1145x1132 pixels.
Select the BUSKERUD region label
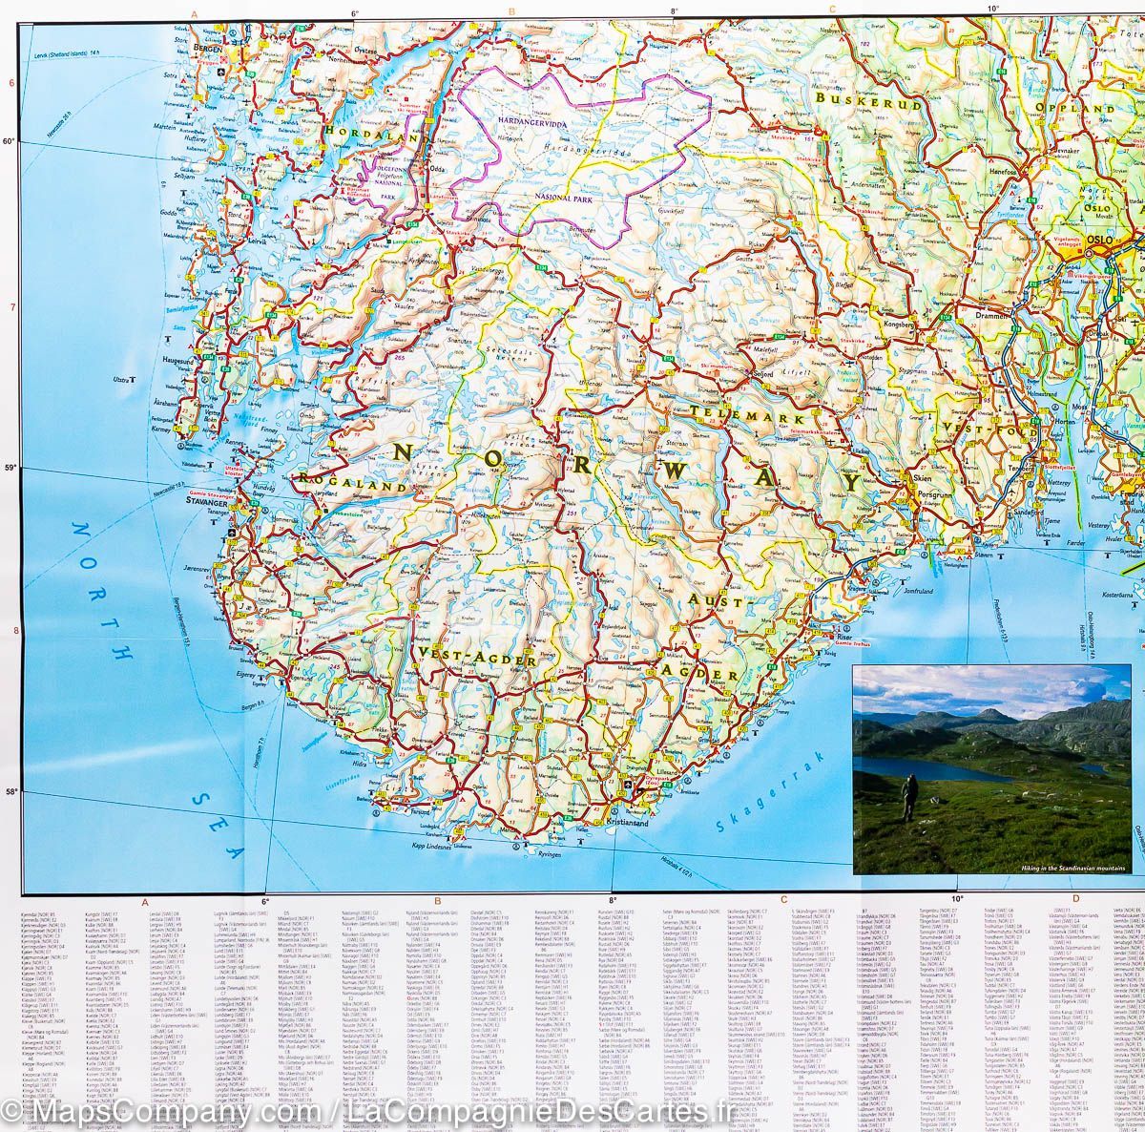coord(869,103)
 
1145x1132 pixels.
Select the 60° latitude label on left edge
coord(10,141)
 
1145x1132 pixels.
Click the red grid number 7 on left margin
coord(10,307)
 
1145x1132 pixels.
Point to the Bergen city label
coord(205,46)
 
